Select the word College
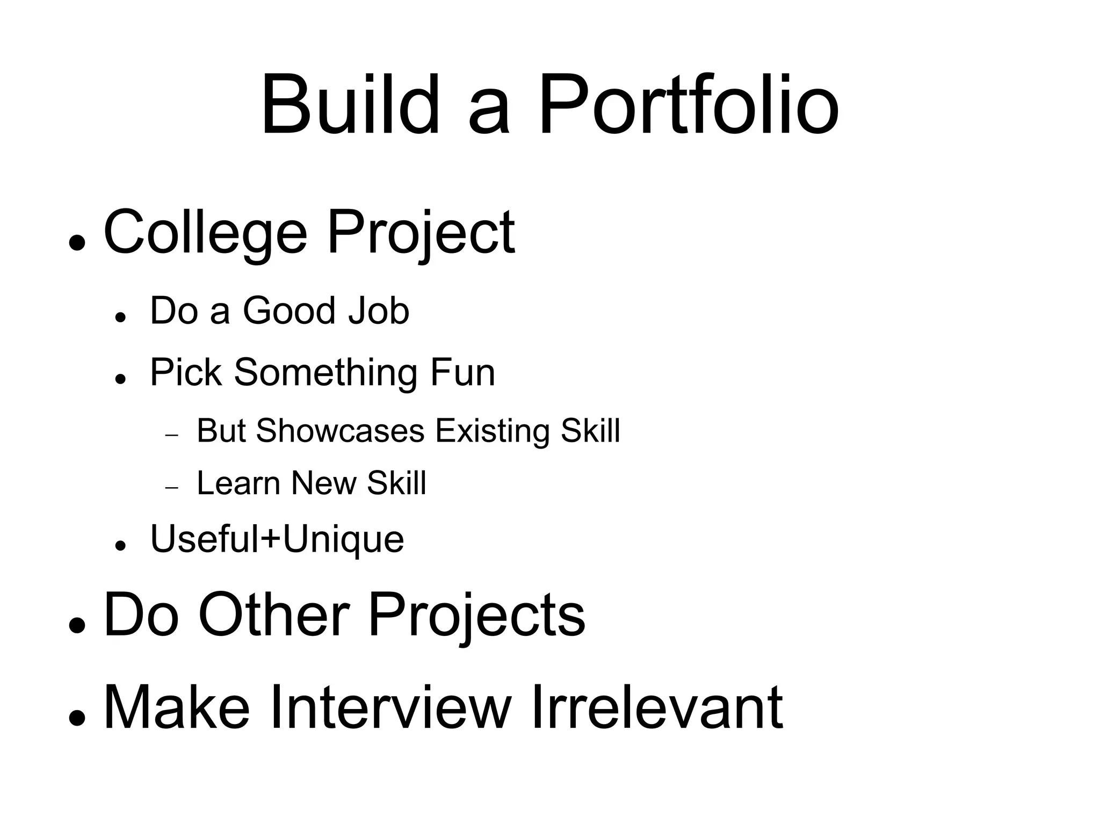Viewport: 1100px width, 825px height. pyautogui.click(x=205, y=233)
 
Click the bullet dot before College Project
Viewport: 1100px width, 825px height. pyautogui.click(x=77, y=243)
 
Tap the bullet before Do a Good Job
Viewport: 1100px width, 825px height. pyautogui.click(x=120, y=317)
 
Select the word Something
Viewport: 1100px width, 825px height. pyautogui.click(x=327, y=372)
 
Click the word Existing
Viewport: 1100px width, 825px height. pyautogui.click(x=493, y=431)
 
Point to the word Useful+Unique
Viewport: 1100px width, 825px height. pyautogui.click(x=277, y=539)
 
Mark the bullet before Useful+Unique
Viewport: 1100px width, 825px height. pyautogui.click(x=120, y=546)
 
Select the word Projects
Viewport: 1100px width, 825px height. pyautogui.click(x=476, y=616)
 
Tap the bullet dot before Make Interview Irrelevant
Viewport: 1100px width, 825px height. pyautogui.click(x=77, y=718)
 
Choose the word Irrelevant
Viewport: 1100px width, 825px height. pyautogui.click(x=657, y=707)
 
